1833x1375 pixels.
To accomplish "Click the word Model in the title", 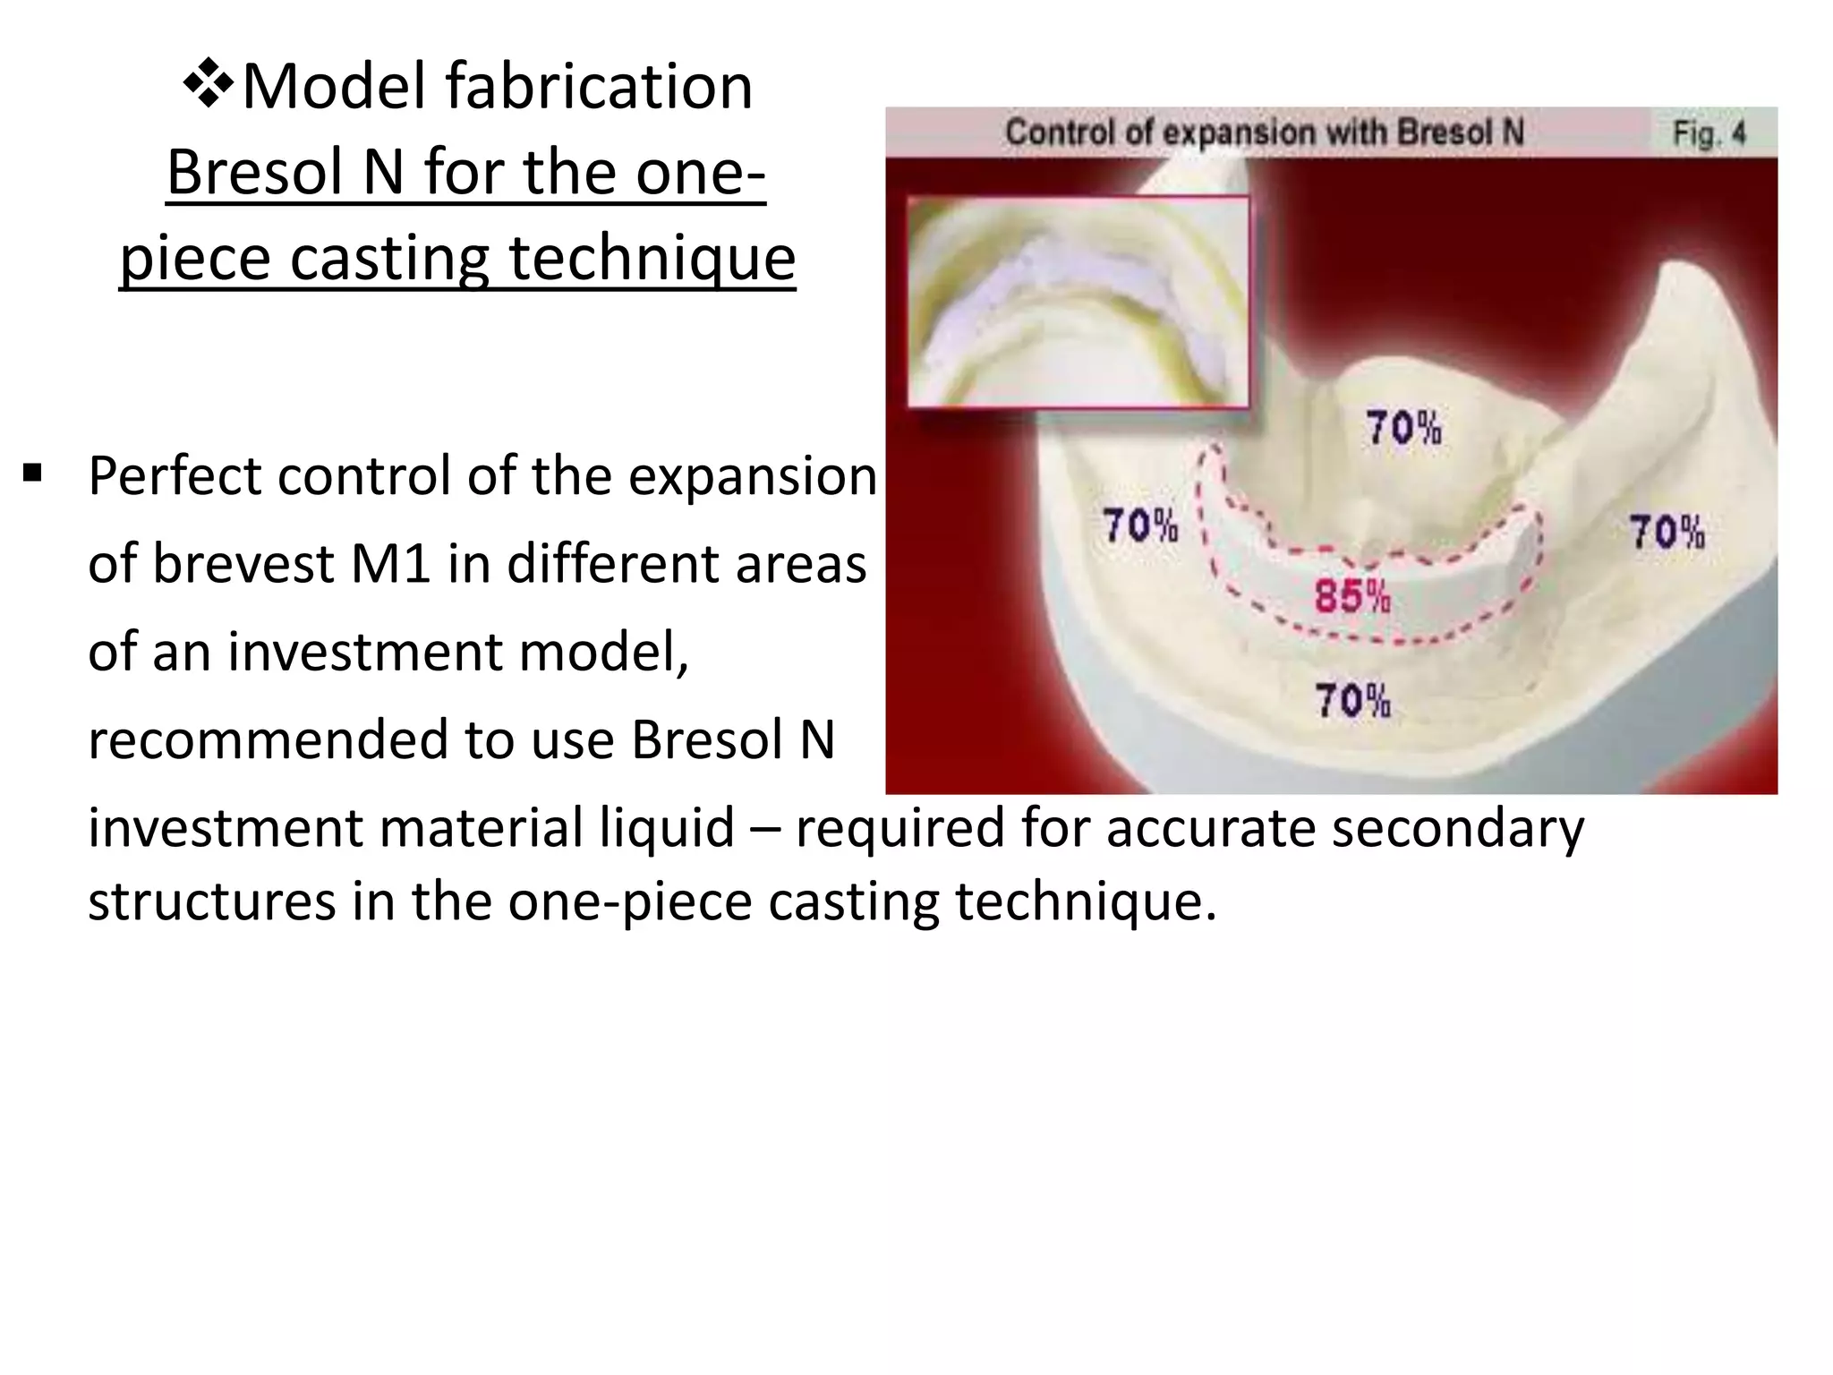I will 335,87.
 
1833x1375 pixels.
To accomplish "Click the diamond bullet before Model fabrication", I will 209,86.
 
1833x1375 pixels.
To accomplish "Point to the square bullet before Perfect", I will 33,472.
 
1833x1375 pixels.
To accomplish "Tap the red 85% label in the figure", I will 1351,596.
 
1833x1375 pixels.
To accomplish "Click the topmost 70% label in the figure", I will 1402,428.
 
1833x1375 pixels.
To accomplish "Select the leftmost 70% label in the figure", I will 1139,525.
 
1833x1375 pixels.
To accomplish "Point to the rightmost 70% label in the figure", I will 1666,532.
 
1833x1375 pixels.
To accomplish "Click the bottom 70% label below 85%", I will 1351,700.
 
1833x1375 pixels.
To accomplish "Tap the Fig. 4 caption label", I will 1709,134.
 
